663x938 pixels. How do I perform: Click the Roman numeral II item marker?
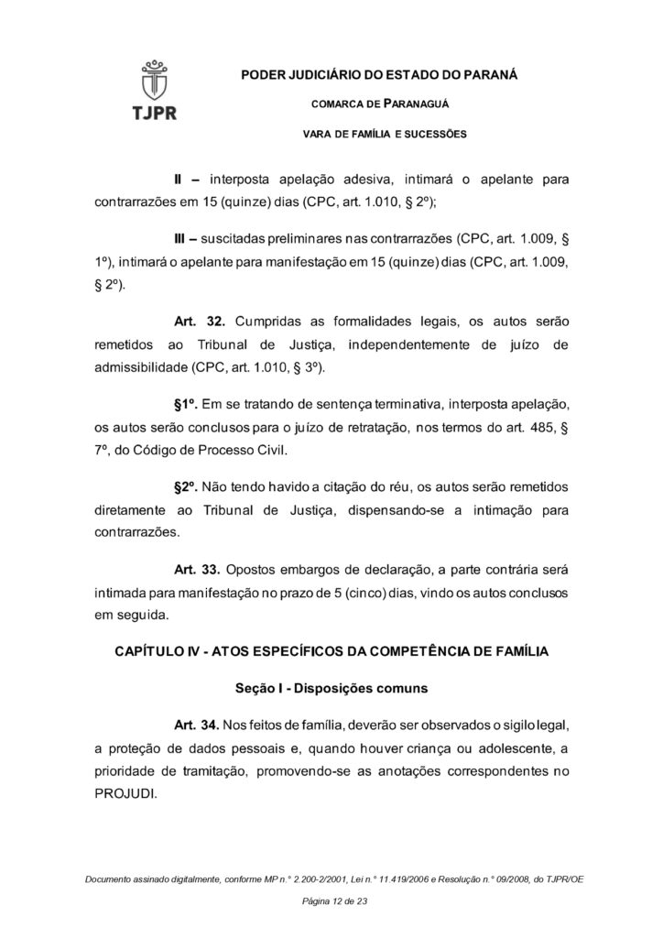point(180,179)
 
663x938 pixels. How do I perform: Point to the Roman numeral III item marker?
point(182,239)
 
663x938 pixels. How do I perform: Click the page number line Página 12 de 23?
point(331,902)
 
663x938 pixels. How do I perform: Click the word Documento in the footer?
point(110,879)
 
